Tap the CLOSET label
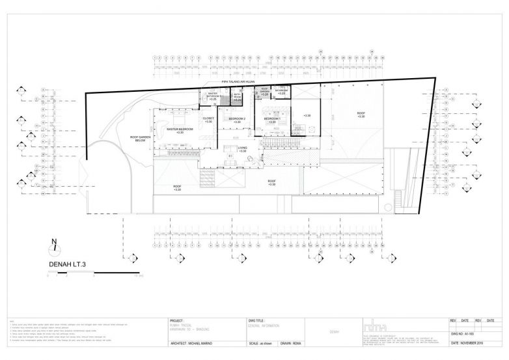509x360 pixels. pos(208,119)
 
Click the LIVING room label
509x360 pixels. pos(242,149)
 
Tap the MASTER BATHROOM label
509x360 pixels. pos(213,96)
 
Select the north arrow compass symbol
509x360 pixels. pos(55,248)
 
